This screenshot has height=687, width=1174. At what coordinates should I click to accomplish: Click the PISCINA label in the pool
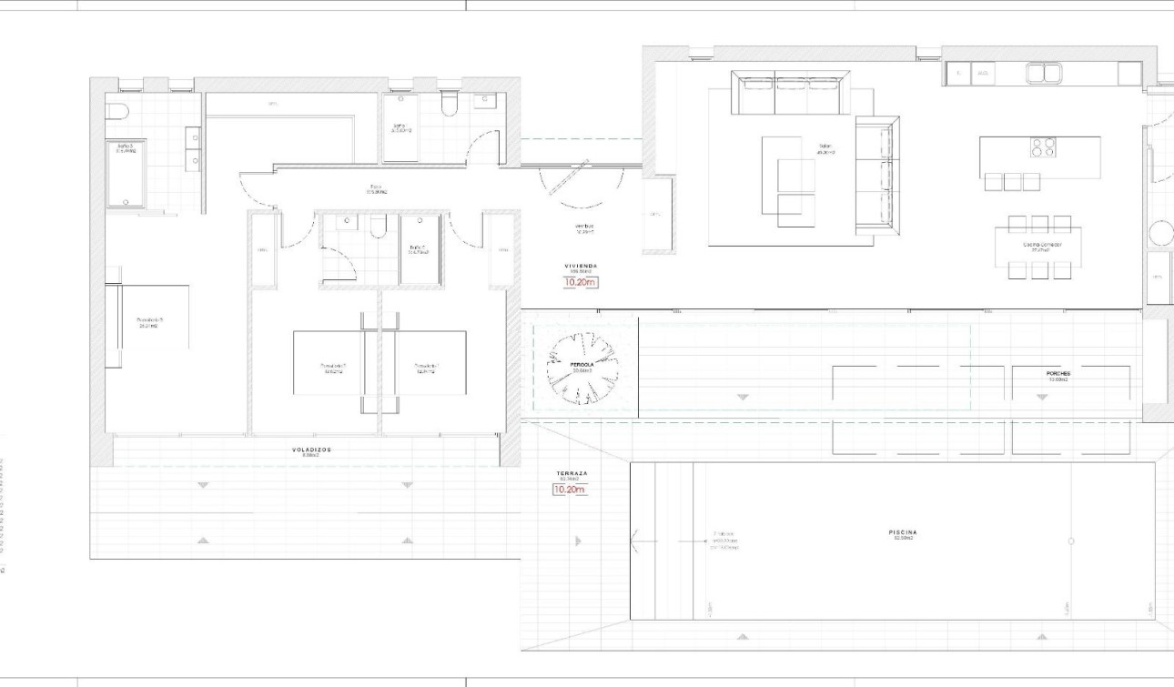click(904, 532)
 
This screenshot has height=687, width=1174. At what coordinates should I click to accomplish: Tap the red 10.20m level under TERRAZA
click(569, 490)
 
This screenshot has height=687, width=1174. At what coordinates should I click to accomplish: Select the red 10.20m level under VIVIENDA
click(581, 282)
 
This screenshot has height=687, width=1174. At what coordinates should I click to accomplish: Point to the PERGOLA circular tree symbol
click(582, 368)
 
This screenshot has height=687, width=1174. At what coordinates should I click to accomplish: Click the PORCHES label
click(1058, 373)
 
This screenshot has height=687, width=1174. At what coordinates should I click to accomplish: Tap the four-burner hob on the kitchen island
click(1043, 147)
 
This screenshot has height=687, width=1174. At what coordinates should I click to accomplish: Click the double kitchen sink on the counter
click(1045, 73)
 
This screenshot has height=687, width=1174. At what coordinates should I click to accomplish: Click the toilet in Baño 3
click(116, 112)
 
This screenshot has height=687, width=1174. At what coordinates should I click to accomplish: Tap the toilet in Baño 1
click(448, 106)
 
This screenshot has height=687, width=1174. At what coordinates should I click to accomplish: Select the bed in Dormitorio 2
click(329, 363)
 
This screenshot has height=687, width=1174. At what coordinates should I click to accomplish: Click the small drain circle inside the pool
click(1071, 541)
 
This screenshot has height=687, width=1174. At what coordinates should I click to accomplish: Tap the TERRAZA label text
click(573, 474)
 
